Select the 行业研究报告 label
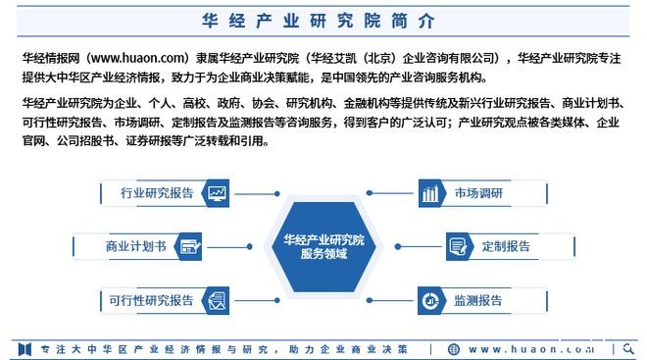(x=157, y=192)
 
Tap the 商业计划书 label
(x=135, y=245)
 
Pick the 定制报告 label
(x=507, y=245)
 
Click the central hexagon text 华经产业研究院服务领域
(x=323, y=245)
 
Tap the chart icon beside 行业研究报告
(x=217, y=192)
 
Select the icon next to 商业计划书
(x=191, y=245)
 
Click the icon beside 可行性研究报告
(x=217, y=299)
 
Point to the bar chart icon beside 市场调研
(x=430, y=193)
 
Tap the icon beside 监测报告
(x=430, y=299)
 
